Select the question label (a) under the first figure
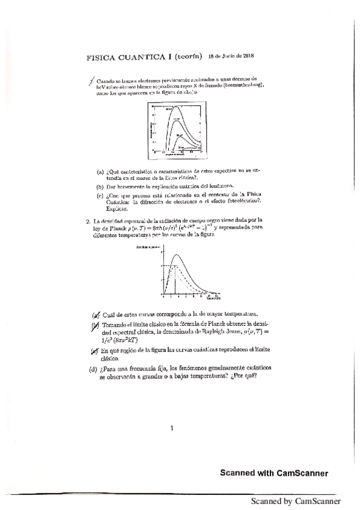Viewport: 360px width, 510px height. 100,171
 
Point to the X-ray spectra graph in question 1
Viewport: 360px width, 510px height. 179,128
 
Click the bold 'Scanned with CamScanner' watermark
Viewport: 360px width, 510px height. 273,473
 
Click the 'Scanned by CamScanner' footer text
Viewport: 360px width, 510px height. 296,501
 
